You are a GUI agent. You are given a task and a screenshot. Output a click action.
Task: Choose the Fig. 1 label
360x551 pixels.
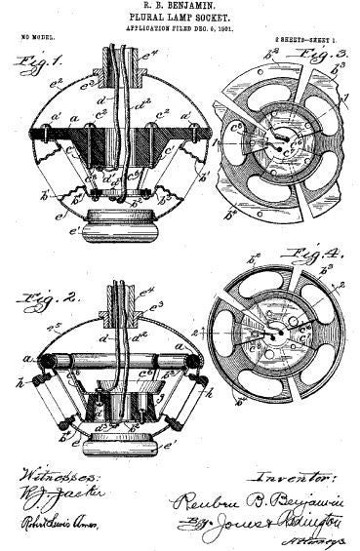coord(33,62)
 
